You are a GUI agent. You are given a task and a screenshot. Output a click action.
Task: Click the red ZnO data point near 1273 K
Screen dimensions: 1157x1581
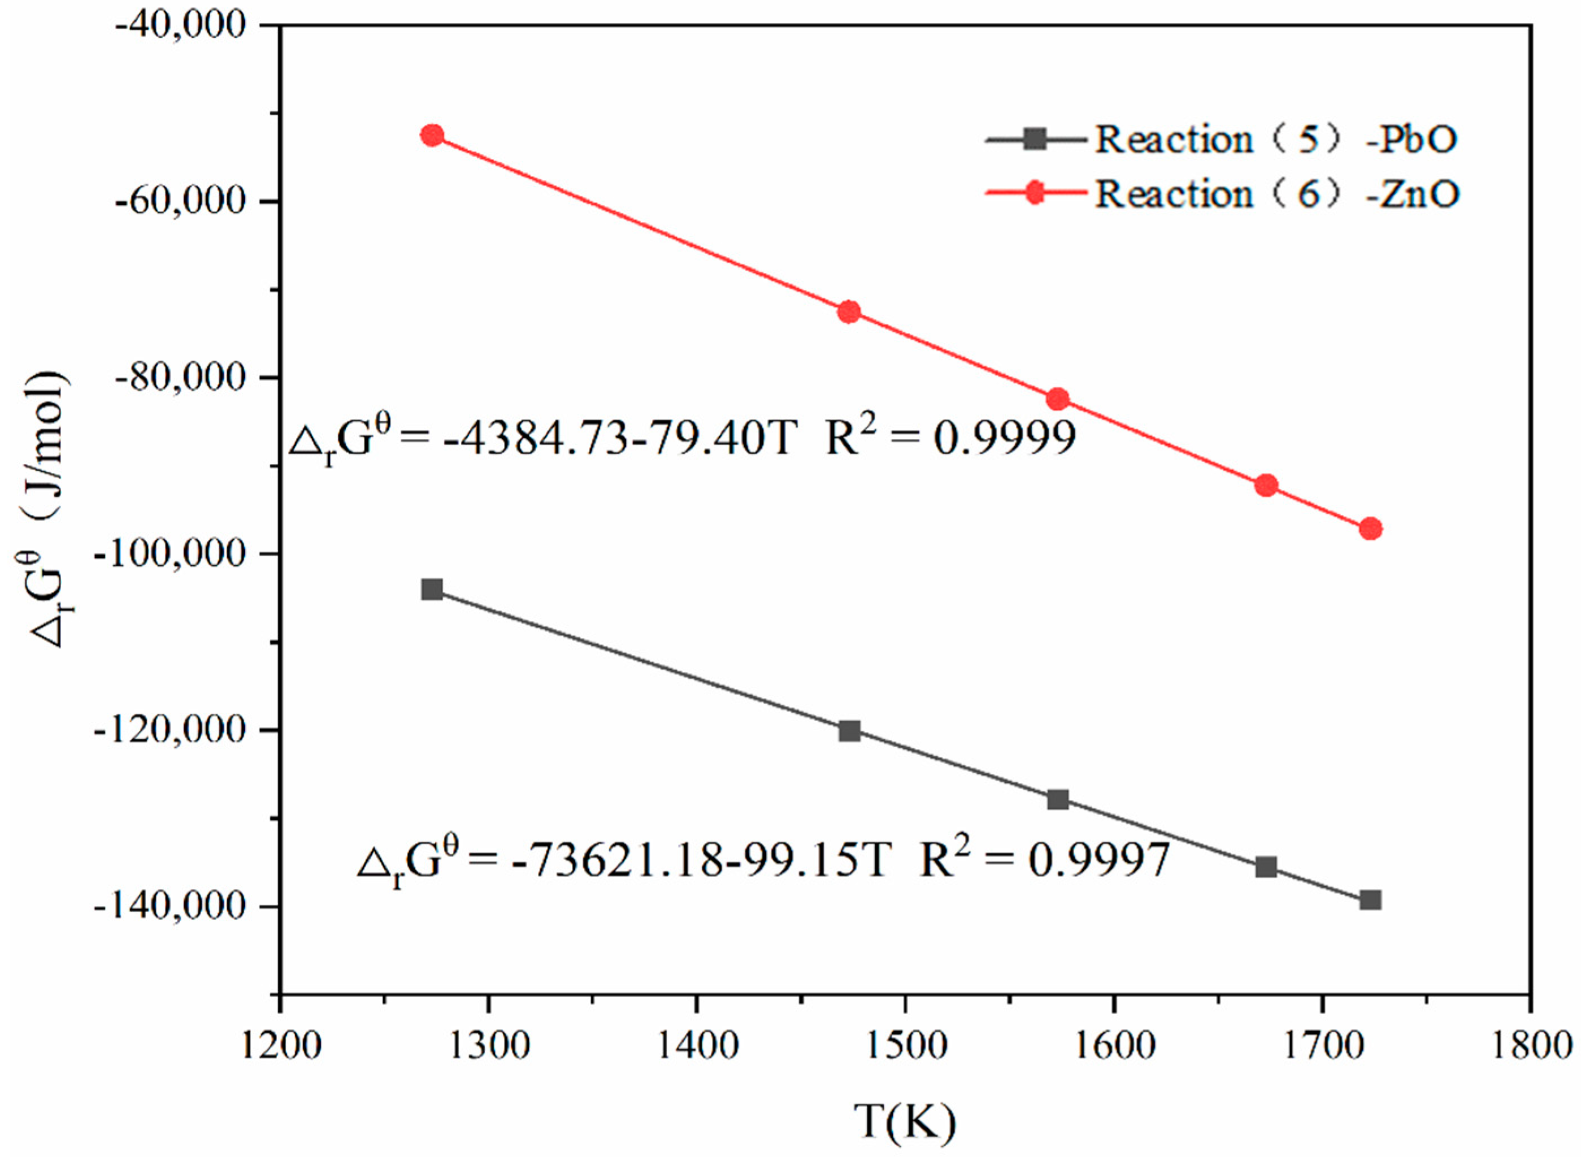coord(432,135)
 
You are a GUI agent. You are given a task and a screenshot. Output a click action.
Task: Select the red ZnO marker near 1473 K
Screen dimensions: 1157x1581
coord(849,311)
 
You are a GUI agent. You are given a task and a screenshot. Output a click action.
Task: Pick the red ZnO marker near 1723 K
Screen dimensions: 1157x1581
coord(1371,529)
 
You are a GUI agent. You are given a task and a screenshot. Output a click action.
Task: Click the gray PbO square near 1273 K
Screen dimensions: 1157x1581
coord(432,589)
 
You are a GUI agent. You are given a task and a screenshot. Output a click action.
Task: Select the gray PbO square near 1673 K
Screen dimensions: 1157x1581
coord(1266,867)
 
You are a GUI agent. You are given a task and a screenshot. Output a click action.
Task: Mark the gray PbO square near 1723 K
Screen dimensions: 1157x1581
coord(1371,900)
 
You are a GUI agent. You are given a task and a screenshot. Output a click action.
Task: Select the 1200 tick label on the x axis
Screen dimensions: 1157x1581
coord(280,1046)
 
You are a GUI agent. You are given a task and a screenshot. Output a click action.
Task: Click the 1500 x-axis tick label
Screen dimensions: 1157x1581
coord(905,1046)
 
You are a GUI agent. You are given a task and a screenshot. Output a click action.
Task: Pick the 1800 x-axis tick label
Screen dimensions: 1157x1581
coord(1530,1046)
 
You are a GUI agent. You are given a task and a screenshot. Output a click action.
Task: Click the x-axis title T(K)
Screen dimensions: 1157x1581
coord(905,1121)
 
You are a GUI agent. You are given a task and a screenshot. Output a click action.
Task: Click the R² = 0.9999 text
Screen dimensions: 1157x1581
coord(950,440)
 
